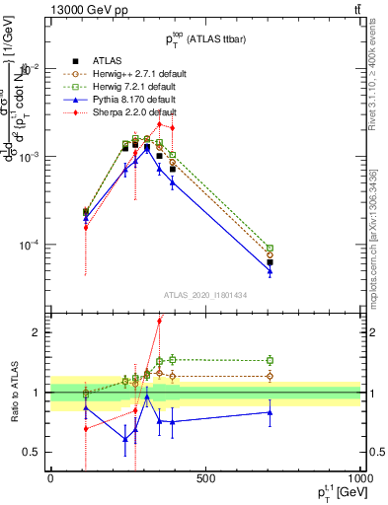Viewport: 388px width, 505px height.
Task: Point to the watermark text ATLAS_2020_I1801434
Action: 205,296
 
